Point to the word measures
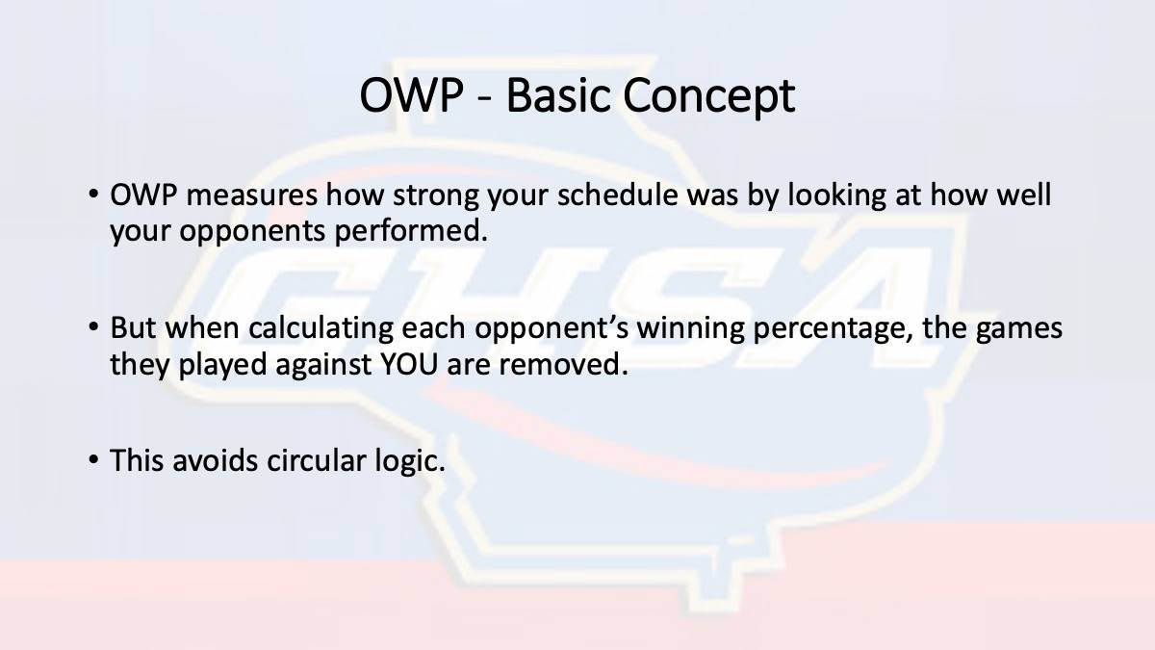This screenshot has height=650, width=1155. point(251,195)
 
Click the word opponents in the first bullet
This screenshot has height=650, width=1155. point(252,233)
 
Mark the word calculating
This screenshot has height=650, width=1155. point(321,329)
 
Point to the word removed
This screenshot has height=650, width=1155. point(564,364)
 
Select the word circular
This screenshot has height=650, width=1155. point(316,460)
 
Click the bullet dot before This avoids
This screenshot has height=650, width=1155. point(93,458)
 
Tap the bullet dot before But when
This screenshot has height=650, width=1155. point(93,326)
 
